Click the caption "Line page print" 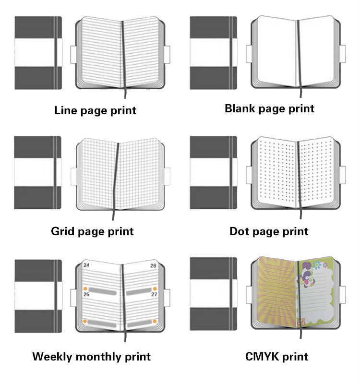click(x=95, y=110)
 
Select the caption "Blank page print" click(x=269, y=108)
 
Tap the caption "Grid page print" click(x=92, y=231)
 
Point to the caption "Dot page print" click(x=269, y=231)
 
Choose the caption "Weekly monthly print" click(x=91, y=357)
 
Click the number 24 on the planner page click(x=86, y=265)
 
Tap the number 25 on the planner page click(x=86, y=294)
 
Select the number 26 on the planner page click(x=153, y=265)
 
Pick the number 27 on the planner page click(x=154, y=294)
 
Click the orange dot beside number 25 click(x=85, y=288)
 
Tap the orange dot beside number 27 click(x=155, y=288)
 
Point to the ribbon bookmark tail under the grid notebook click(x=115, y=216)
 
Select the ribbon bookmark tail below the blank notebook click(x=300, y=93)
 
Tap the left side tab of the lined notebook click(x=73, y=54)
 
